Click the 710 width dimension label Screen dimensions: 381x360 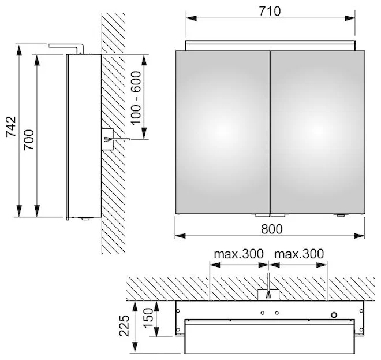click(x=270, y=11)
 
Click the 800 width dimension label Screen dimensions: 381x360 click(x=272, y=229)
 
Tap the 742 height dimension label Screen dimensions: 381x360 click(x=11, y=127)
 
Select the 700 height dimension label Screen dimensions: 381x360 click(x=29, y=140)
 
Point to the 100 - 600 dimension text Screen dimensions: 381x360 click(x=136, y=98)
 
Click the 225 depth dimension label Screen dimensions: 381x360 click(x=124, y=326)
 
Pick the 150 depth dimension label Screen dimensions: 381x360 click(x=148, y=318)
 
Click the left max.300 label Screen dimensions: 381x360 click(x=238, y=254)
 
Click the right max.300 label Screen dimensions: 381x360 click(x=299, y=254)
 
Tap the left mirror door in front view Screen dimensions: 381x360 click(x=223, y=132)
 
